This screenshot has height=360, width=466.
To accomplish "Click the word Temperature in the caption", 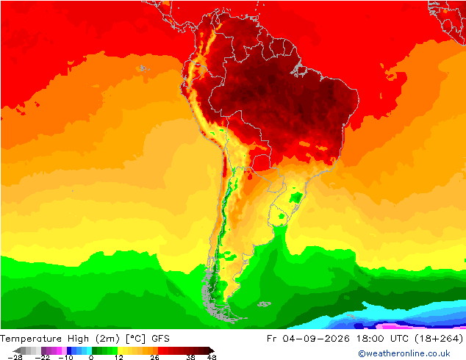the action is pos(31,339).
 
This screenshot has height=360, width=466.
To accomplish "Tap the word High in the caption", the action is pos(78,339).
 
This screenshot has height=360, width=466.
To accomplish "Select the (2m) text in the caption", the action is pos(107,339).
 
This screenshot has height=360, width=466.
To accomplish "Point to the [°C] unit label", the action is pos(135,339).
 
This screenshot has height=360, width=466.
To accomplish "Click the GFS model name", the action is pos(160,339).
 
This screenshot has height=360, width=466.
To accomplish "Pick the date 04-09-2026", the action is pos(316,339).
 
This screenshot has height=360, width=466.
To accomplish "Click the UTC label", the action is pos(399,339).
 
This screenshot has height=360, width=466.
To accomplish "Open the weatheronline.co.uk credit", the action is pos(404,353).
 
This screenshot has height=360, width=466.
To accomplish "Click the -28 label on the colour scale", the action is pos(15,357).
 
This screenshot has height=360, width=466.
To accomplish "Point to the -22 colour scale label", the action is pos(43,357).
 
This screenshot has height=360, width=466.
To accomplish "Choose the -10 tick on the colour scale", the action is pos(65,357).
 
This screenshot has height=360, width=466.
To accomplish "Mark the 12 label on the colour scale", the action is pos(119,357).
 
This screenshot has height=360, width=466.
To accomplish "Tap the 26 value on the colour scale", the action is pos(154,357).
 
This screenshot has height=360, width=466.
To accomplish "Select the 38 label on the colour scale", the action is pos(191,357).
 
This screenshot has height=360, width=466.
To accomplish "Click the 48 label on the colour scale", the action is pos(212,357).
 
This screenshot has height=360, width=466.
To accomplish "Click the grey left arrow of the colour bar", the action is pos(18,350).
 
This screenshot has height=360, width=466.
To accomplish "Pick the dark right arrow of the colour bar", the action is pos(211,350).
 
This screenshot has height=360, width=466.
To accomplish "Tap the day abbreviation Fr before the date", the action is pos(272,339).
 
